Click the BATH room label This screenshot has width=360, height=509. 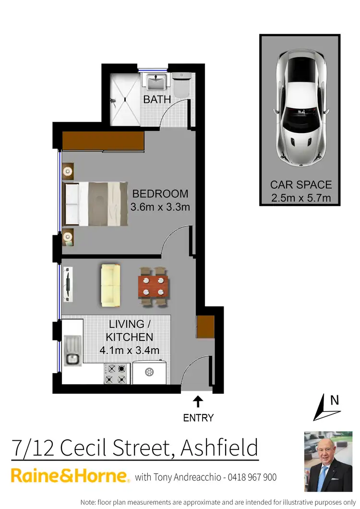[157, 99]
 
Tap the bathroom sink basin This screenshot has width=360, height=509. [156, 82]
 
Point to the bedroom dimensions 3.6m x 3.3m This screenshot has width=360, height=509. [160, 207]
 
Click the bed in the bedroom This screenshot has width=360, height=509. [96, 204]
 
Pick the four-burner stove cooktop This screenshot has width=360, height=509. [116, 374]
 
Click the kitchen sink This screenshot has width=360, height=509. [73, 358]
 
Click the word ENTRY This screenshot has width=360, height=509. [198, 418]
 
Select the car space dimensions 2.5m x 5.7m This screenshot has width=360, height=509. [300, 198]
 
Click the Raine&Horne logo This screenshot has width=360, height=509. [70, 476]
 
